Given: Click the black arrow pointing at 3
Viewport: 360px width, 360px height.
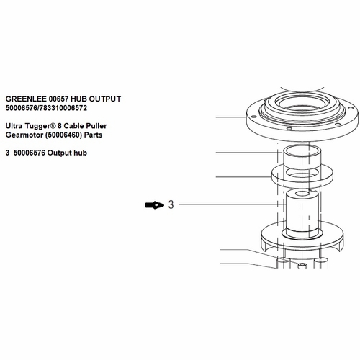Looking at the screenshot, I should click(154, 205).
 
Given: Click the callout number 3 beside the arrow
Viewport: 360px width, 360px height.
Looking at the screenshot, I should click(171, 205).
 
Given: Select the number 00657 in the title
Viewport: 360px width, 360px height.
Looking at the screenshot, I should click(60, 99).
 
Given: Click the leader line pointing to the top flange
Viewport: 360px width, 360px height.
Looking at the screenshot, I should click(230, 117).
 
